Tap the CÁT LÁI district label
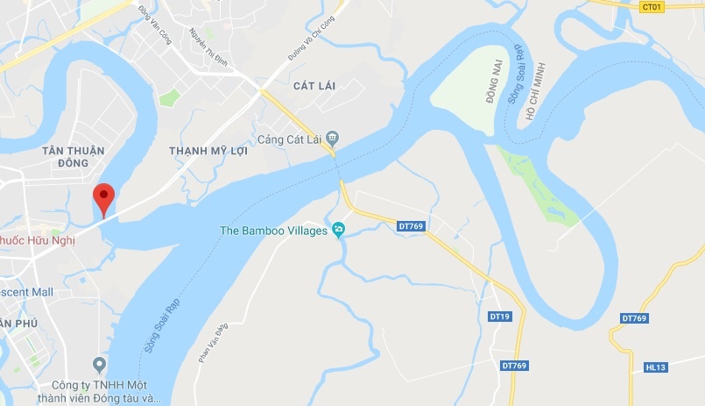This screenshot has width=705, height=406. pos(314,85)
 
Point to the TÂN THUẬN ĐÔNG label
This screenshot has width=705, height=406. pos(73,156)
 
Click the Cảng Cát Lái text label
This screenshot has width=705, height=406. pos(289,139)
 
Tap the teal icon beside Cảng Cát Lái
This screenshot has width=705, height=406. pos(332,139)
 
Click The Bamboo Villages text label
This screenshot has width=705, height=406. pos(273,231)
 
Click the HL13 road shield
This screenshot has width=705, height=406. pos(656,367)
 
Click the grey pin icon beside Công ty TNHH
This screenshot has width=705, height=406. pos(99,364)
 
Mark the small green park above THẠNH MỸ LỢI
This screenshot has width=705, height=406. pos(169,96)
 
